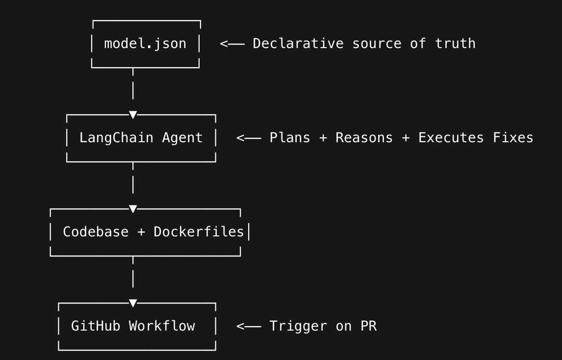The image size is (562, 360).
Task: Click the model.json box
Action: [x=146, y=44]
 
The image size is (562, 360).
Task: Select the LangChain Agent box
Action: [x=141, y=138]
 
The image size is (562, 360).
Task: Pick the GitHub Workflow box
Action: [x=137, y=326]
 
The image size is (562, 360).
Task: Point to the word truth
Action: [x=455, y=44]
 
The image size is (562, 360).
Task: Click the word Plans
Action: [x=290, y=138]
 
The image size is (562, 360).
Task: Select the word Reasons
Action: [x=364, y=138]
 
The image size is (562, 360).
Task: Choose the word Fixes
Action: [x=513, y=138]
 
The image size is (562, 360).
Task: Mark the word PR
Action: [x=369, y=326]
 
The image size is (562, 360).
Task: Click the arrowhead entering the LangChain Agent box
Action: [x=133, y=115]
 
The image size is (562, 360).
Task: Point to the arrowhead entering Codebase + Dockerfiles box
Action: [x=133, y=209]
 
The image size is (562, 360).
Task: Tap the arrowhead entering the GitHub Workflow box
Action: [x=133, y=303]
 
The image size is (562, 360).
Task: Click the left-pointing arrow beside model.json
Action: [x=232, y=44]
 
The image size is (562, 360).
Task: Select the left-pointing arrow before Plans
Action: [x=249, y=138]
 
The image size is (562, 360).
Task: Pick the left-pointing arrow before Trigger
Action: [x=249, y=326]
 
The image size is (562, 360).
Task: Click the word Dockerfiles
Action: [x=199, y=232]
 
